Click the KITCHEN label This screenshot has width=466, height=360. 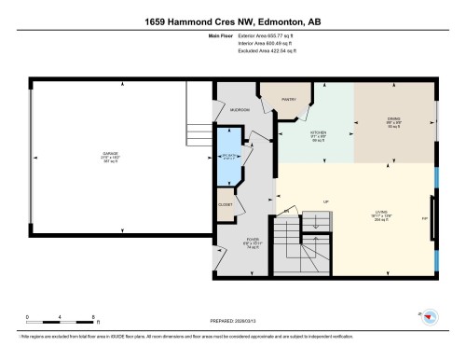319,133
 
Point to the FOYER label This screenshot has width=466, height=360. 253,240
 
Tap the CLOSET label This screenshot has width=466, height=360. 226,203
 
